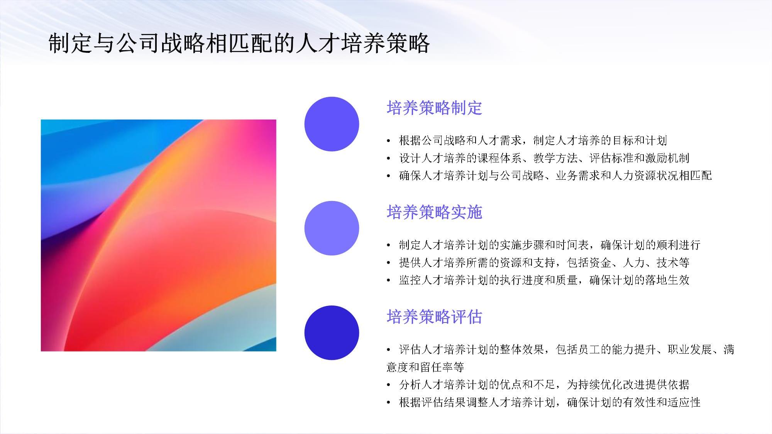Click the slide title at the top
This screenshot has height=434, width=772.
[239, 43]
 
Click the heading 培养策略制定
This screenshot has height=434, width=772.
[434, 108]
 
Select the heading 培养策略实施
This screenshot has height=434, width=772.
[434, 212]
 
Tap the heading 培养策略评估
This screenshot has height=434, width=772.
[434, 317]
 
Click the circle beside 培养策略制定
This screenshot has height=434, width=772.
[332, 124]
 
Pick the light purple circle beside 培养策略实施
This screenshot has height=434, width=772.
[332, 228]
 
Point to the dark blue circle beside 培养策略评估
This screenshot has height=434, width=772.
[332, 333]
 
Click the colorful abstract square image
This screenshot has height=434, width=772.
[158, 235]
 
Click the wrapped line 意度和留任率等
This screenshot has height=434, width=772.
[425, 367]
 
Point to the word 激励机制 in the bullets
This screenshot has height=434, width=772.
[667, 158]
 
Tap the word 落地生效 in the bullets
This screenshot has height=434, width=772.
[667, 280]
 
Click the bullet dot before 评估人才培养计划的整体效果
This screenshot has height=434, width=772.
[389, 350]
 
